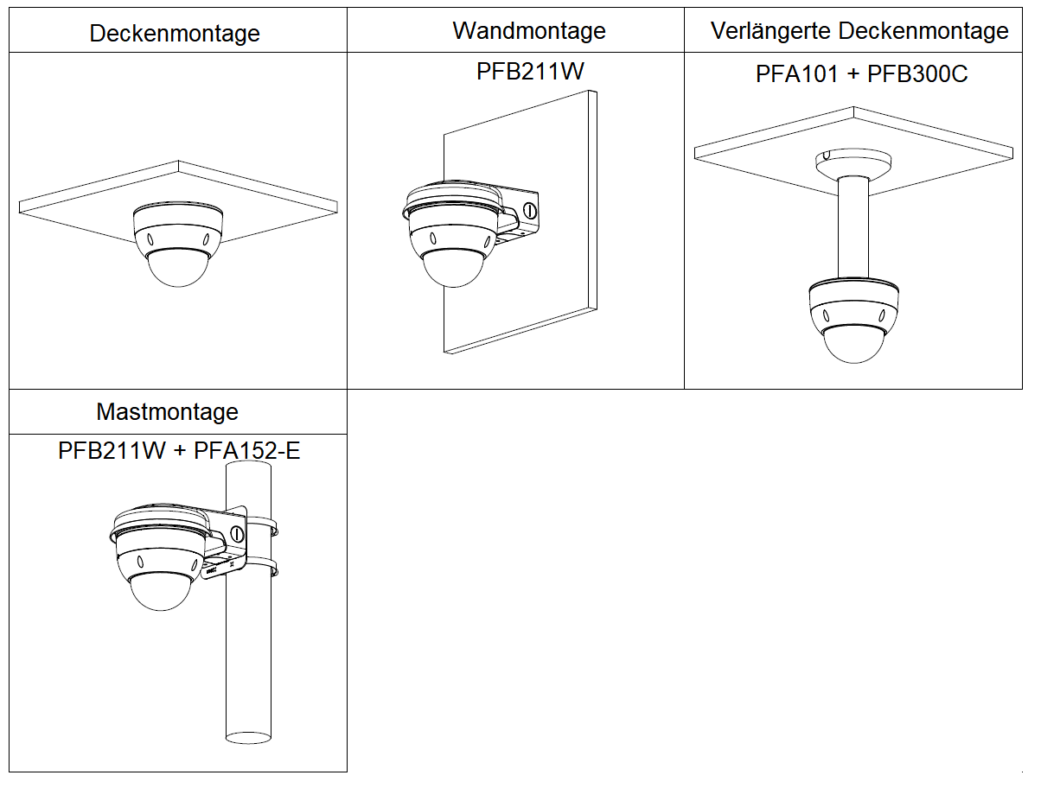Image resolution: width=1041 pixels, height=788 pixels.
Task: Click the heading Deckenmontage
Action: pyautogui.click(x=175, y=33)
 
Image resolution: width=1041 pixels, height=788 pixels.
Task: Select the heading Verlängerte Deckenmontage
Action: pyautogui.click(x=859, y=31)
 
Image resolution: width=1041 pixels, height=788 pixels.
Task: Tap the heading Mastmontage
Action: pyautogui.click(x=167, y=411)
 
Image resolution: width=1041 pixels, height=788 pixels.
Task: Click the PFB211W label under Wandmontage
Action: pyautogui.click(x=529, y=71)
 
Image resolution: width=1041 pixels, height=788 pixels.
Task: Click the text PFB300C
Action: pyautogui.click(x=916, y=74)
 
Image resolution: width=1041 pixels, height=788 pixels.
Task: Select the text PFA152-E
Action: pyautogui.click(x=246, y=451)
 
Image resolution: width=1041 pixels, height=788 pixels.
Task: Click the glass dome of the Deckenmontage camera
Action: pyautogui.click(x=178, y=268)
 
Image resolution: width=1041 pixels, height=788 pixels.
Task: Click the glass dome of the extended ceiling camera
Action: pyautogui.click(x=854, y=346)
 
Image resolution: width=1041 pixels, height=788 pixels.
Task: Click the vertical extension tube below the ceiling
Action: pyautogui.click(x=854, y=229)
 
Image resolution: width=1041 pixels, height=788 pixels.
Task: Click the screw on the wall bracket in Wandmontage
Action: pyautogui.click(x=529, y=209)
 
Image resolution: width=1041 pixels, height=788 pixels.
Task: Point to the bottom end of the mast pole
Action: pyautogui.click(x=249, y=738)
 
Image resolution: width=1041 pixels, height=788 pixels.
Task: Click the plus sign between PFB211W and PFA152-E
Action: pyautogui.click(x=179, y=451)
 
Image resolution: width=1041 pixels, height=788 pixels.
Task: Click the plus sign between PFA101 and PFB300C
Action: pyautogui.click(x=853, y=74)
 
